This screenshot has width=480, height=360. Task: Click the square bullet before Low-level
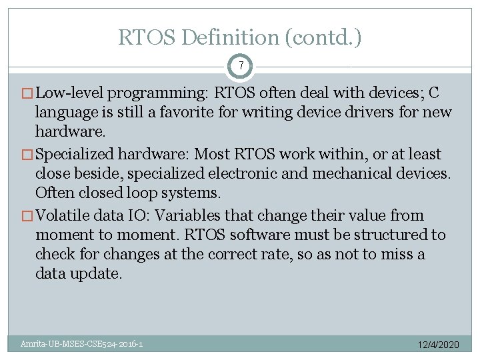(x=27, y=93)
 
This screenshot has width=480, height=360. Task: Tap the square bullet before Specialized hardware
(x=27, y=155)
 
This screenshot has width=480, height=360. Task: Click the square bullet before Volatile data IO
(x=27, y=216)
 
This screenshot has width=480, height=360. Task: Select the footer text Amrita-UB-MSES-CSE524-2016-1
(x=81, y=344)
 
